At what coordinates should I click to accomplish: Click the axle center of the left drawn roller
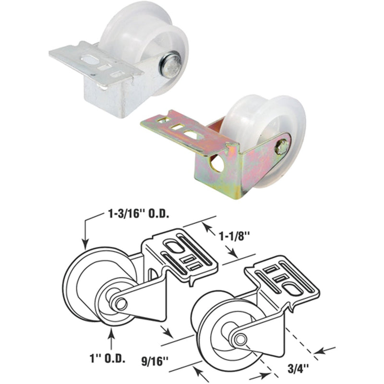pyautogui.click(x=120, y=303)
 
